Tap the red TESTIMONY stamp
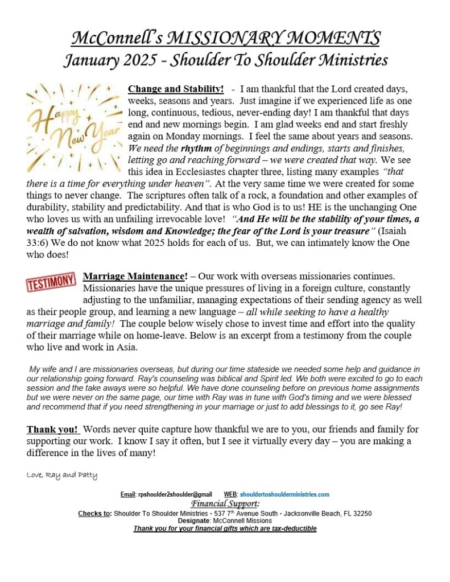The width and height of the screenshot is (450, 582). tap(51, 281)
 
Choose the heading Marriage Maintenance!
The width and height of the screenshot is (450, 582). tap(135, 276)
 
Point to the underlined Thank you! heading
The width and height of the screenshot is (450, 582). tap(53, 429)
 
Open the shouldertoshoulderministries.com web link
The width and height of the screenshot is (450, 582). tap(284, 494)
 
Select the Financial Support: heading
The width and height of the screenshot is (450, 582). tap(225, 504)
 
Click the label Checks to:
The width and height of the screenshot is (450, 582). tap(94, 513)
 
